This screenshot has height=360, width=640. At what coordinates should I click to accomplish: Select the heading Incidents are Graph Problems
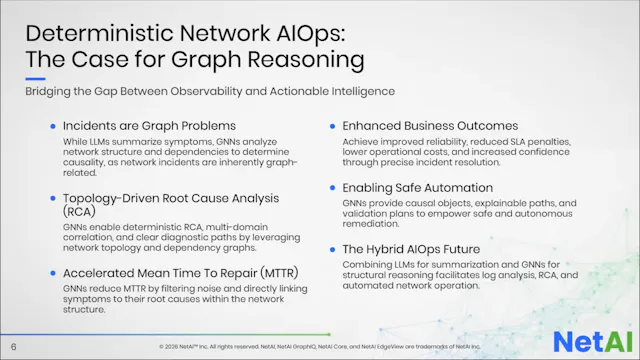(x=149, y=126)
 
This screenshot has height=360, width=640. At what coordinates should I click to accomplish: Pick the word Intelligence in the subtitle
(x=355, y=92)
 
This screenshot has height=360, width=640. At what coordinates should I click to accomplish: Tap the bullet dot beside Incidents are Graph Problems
(x=52, y=126)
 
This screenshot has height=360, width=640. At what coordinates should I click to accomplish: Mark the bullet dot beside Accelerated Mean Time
(x=52, y=272)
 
